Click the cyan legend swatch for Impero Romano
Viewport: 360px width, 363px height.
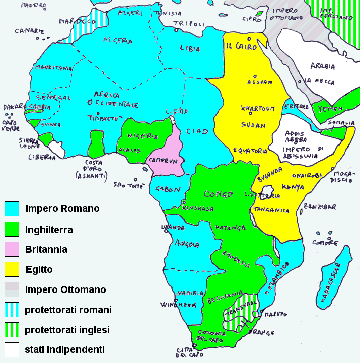[12, 208]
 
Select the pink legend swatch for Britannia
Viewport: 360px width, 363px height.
[12, 249]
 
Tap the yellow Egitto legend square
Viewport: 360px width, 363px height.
[12, 269]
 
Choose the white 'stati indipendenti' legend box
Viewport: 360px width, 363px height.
[12, 349]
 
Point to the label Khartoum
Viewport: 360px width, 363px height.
[257, 108]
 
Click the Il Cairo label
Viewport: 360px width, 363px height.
[241, 46]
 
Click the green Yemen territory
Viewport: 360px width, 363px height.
[327, 109]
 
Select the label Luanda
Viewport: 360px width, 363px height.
[172, 228]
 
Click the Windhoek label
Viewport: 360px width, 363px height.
[174, 305]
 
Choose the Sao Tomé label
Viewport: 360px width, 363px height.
[126, 184]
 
